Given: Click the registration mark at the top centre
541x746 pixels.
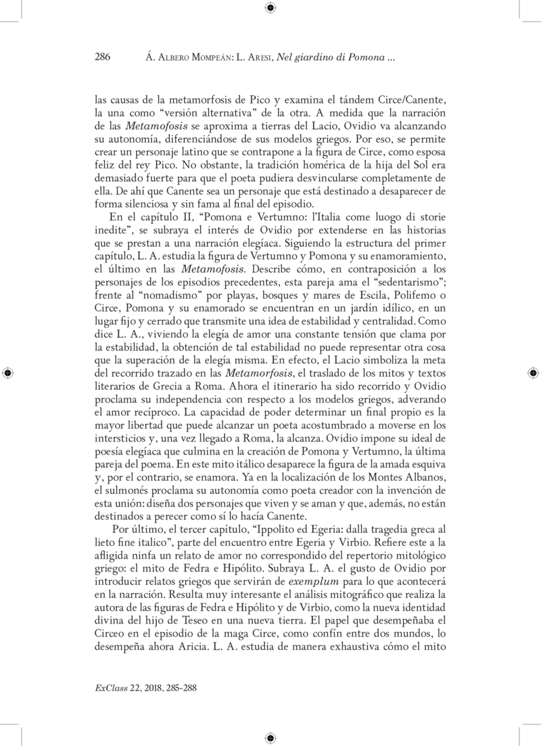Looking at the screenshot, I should click(270, 8).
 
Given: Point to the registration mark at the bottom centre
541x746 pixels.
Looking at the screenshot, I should click(270, 738).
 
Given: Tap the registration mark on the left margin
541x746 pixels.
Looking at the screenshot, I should click(7, 373).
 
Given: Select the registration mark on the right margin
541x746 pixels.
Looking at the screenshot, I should click(533, 373).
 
